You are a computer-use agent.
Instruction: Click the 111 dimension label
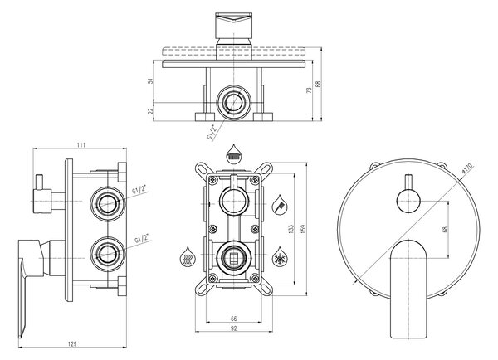81,145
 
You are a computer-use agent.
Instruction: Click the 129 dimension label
73,343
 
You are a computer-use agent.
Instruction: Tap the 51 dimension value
151,80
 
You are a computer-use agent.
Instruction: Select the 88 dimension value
319,84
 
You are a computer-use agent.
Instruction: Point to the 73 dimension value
310,90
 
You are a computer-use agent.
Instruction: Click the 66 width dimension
233,319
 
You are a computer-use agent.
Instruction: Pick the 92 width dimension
233,328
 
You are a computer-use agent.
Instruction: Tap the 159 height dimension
303,229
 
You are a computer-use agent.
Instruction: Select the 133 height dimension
291,230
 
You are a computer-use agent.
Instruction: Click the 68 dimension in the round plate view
445,229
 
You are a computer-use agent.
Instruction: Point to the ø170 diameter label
467,168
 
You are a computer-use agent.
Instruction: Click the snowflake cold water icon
280,256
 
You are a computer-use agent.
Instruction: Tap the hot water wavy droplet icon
187,256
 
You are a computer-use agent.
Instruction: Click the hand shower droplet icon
280,205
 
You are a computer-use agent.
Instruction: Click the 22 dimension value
151,111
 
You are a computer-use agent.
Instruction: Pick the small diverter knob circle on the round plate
408,200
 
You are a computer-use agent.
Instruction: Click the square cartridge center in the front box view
233,257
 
